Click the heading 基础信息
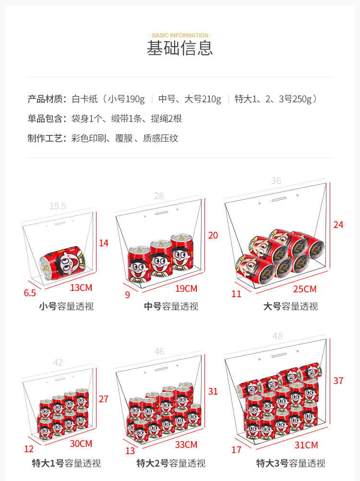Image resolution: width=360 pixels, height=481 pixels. pyautogui.click(x=180, y=48)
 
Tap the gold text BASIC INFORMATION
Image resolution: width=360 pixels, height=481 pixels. pyautogui.click(x=180, y=35)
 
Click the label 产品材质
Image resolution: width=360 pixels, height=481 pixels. pyautogui.click(x=45, y=99)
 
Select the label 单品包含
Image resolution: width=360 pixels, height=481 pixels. pyautogui.click(x=45, y=119)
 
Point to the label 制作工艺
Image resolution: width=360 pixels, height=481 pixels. pyautogui.click(x=45, y=138)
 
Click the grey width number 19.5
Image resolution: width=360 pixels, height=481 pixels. pyautogui.click(x=58, y=206)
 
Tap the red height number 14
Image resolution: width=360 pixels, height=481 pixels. pyautogui.click(x=104, y=243)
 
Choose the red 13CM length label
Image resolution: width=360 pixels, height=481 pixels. pyautogui.click(x=81, y=288)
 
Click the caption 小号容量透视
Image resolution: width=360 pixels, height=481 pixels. pyautogui.click(x=66, y=306)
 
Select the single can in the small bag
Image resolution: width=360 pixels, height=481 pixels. pyautogui.click(x=63, y=263)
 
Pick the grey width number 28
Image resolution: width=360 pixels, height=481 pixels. pyautogui.click(x=159, y=196)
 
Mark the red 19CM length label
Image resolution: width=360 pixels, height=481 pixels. pyautogui.click(x=186, y=289)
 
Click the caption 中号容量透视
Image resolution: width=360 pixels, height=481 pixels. pyautogui.click(x=171, y=306)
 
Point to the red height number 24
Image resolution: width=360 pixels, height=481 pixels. pyautogui.click(x=338, y=225)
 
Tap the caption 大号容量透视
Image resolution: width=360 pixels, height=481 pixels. pyautogui.click(x=290, y=306)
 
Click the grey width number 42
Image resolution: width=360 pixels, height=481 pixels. pyautogui.click(x=58, y=362)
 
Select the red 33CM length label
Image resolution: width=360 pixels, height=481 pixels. pyautogui.click(x=186, y=445)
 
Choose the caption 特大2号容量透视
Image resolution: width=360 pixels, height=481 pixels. pyautogui.click(x=171, y=463)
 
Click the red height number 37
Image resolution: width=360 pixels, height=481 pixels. pyautogui.click(x=338, y=381)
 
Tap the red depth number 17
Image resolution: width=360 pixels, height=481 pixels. pyautogui.click(x=237, y=450)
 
